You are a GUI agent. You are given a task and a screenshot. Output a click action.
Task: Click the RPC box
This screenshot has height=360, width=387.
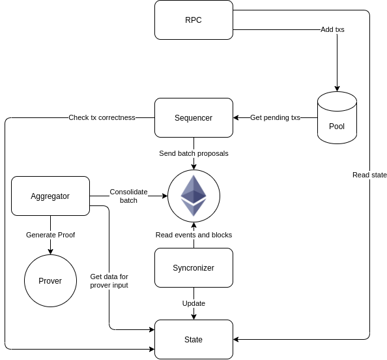tap(193, 20)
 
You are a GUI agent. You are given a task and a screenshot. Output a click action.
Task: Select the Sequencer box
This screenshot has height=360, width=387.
tap(193, 117)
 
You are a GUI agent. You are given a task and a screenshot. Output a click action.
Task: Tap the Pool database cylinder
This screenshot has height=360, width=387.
tap(337, 117)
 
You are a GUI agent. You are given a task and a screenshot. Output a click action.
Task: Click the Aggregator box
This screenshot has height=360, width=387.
tap(50, 196)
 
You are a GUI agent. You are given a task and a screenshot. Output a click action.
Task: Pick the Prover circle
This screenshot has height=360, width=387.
tap(50, 280)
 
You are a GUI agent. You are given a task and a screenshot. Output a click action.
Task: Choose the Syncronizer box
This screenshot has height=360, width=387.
tap(193, 267)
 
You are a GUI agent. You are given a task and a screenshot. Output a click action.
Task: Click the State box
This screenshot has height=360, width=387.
tap(193, 339)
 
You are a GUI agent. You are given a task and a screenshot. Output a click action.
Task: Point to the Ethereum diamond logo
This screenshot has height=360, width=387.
tap(193, 196)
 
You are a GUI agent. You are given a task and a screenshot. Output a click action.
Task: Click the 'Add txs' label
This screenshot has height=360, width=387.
tap(332, 29)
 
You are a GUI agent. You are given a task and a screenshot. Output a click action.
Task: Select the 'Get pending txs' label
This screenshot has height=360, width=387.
tap(275, 117)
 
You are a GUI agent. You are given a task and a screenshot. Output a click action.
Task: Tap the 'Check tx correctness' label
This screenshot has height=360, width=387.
tap(102, 117)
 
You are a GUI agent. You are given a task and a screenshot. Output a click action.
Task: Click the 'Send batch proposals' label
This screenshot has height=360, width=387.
tap(193, 153)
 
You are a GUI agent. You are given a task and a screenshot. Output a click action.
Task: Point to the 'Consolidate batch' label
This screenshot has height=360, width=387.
tap(128, 196)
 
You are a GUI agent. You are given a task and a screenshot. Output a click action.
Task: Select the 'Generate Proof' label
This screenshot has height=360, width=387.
tap(50, 235)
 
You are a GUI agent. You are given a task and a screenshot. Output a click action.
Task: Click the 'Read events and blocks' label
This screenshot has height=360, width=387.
tap(193, 235)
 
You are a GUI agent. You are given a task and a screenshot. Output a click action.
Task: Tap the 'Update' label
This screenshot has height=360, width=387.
tap(193, 303)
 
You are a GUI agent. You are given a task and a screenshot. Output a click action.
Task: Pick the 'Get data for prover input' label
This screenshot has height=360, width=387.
tap(109, 280)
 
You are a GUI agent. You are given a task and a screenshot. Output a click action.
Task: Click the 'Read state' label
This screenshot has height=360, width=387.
tap(369, 175)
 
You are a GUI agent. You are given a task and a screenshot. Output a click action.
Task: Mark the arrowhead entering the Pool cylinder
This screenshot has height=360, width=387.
tap(337, 89)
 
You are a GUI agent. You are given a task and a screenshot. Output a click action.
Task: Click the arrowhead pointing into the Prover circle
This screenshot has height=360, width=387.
tap(50, 252)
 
